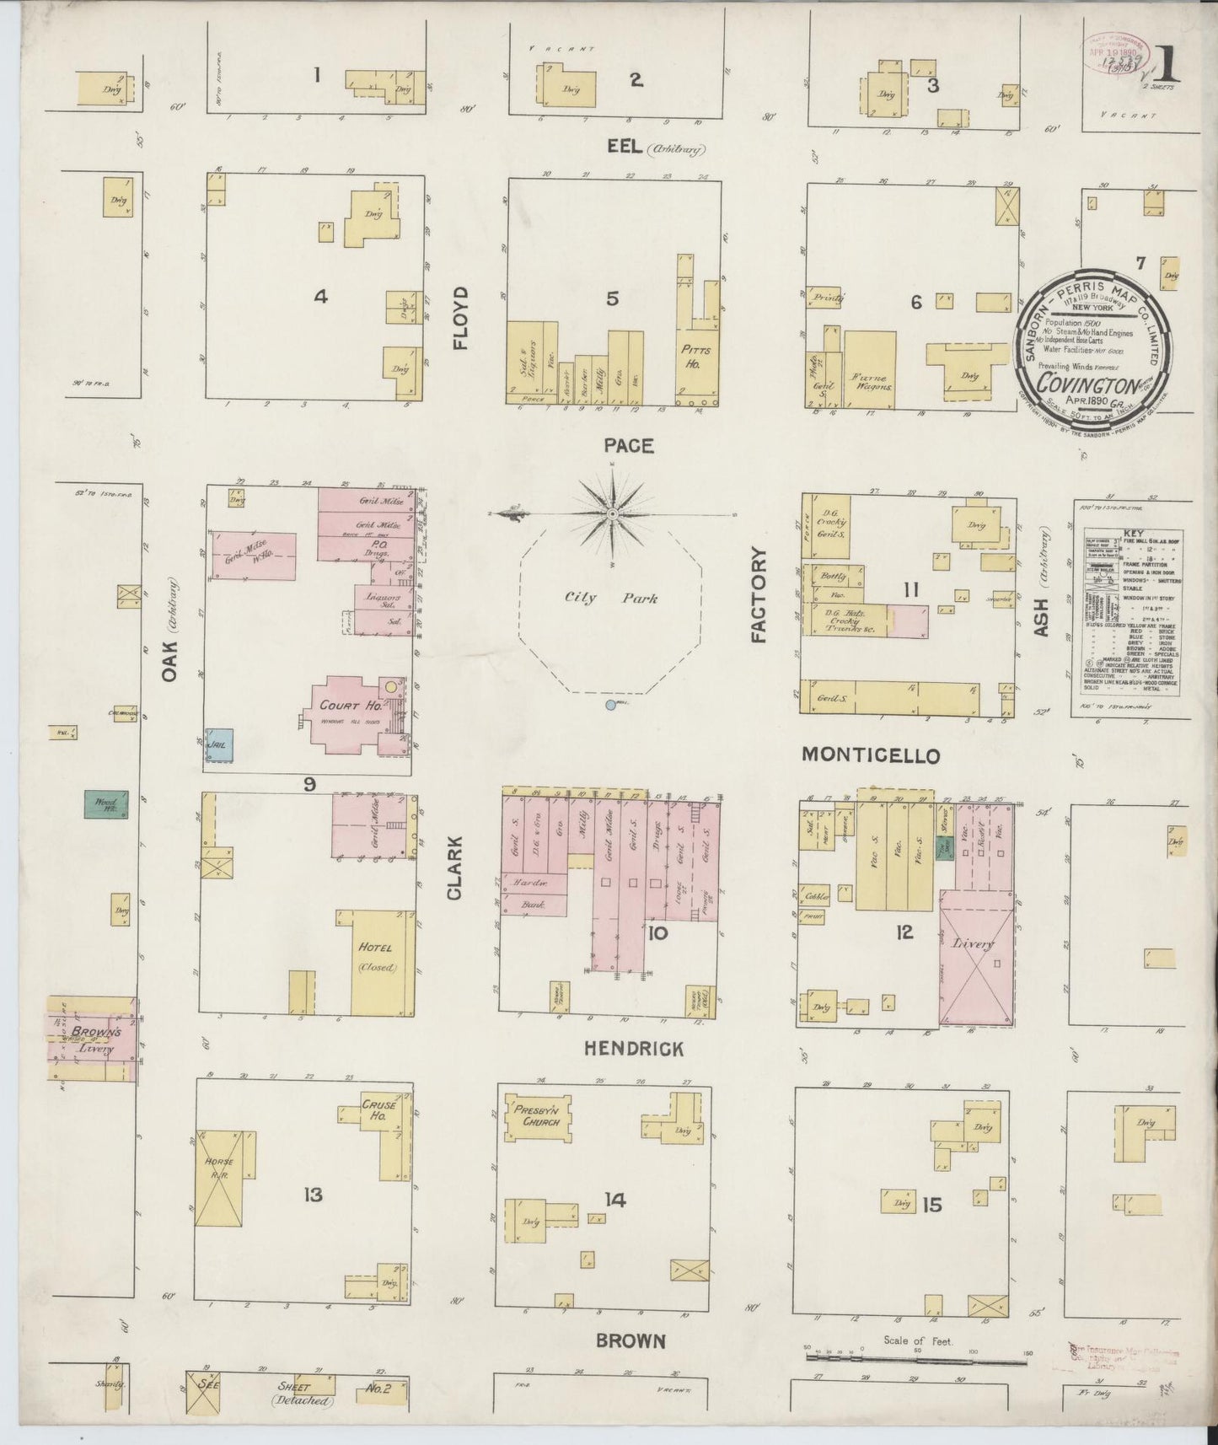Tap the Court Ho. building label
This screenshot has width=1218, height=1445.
pos(340,706)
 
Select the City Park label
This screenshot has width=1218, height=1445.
pos(611,598)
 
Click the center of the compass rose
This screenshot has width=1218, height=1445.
pos(613,513)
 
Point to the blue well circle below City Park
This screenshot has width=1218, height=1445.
pos(611,705)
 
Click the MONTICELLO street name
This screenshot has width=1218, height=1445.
pos(870,755)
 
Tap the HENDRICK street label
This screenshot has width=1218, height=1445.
pos(634,1048)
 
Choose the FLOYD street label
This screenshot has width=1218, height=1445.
pos(459,317)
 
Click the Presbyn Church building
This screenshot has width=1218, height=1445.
pos(538,1116)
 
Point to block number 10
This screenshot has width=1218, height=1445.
pos(657,932)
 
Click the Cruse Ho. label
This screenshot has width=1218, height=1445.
pos(378,1109)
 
